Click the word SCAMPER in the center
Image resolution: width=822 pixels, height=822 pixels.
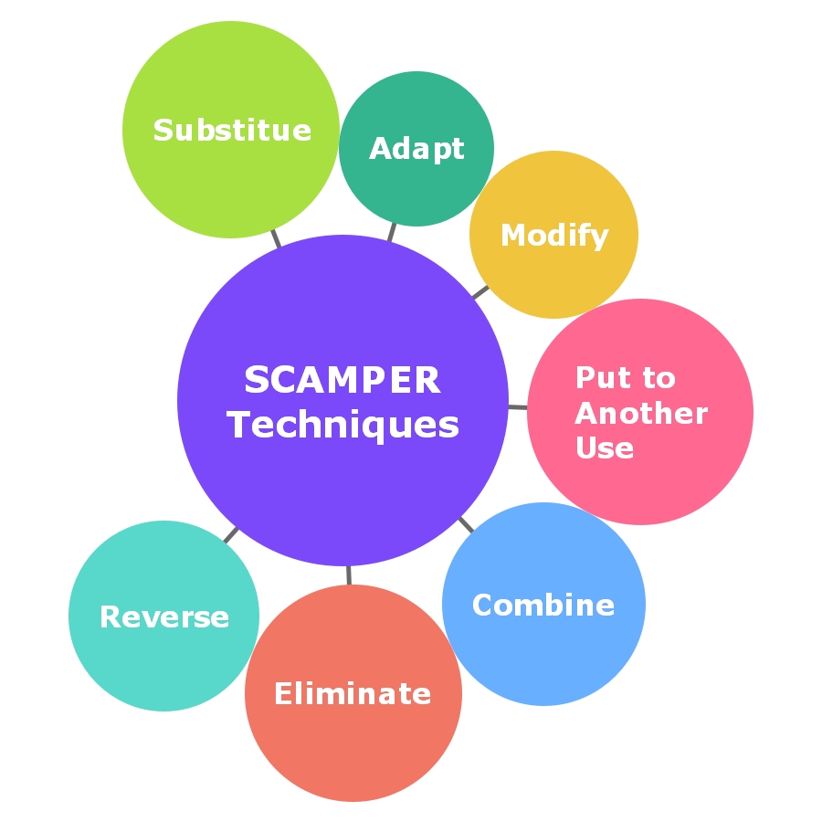click(342, 381)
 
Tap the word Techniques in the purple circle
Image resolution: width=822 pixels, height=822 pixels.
click(342, 425)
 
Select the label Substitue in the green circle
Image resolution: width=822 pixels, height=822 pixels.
click(232, 131)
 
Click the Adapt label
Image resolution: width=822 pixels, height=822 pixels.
click(416, 149)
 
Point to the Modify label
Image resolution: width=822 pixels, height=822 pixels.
click(554, 236)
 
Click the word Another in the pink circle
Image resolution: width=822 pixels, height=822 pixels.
click(641, 414)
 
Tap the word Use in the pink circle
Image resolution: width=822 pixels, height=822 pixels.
click(605, 448)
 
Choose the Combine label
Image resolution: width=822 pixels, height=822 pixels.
click(543, 605)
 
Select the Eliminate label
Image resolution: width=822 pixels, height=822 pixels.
click(353, 694)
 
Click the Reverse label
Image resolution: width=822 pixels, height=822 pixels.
click(164, 617)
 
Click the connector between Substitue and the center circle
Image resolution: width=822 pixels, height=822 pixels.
click(276, 238)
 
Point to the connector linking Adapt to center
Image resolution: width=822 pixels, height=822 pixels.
click(392, 231)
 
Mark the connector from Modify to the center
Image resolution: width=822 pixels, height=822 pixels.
click(480, 292)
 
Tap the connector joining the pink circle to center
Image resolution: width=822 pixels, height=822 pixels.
click(518, 406)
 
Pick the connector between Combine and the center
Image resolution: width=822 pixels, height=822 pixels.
click(466, 525)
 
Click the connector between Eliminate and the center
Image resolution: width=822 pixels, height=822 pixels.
click(349, 575)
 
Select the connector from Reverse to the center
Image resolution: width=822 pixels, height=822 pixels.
click(230, 534)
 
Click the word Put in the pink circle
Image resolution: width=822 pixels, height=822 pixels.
click(595, 378)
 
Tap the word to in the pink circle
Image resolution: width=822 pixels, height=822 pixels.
click(658, 378)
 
